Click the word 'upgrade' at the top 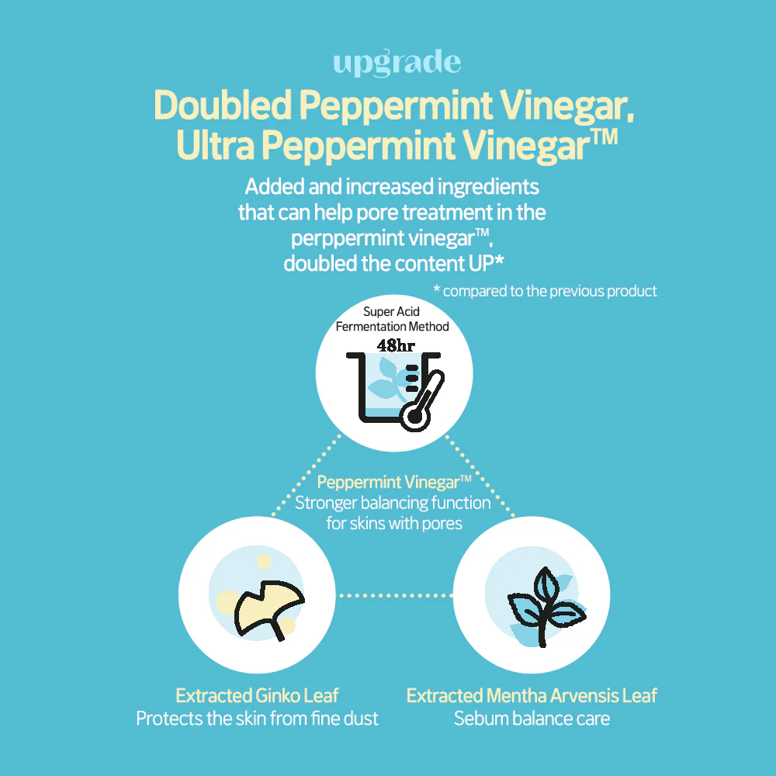397,64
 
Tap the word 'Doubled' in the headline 223,105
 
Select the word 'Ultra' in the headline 215,145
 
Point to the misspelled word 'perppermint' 383,238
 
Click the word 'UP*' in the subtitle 487,263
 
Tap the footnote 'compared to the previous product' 550,291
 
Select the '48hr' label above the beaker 396,345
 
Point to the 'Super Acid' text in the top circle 391,312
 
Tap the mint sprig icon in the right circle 546,607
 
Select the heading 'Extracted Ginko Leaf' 258,696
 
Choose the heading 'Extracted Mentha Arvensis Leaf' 532,696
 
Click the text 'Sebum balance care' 532,719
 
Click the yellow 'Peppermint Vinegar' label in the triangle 394,482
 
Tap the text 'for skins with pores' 394,524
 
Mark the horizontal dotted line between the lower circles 394,595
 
